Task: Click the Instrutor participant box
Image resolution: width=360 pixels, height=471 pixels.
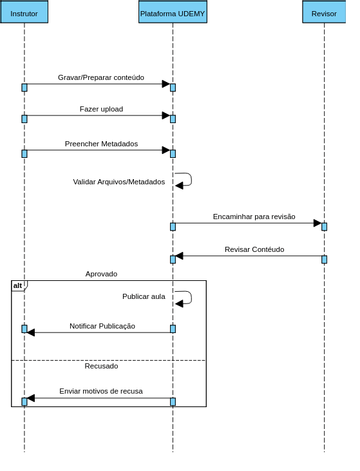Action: click(x=24, y=13)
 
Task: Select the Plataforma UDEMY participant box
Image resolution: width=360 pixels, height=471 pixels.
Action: click(x=179, y=13)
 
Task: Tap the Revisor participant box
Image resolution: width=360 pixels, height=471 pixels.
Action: click(x=336, y=13)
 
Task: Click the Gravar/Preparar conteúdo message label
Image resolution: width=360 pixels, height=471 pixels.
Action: click(x=104, y=80)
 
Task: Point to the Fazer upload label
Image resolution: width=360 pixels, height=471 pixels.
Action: click(x=105, y=113)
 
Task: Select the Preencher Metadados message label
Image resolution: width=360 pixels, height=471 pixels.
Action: click(x=105, y=149)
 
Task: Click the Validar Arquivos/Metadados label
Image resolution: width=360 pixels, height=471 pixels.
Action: click(x=123, y=189)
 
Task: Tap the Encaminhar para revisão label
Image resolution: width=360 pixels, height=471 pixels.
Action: click(x=263, y=224)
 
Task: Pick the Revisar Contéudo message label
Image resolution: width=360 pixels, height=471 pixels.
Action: click(x=264, y=259)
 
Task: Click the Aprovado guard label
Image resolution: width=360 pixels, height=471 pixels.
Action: click(x=105, y=284)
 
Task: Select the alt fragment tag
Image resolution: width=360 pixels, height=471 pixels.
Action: click(x=19, y=297)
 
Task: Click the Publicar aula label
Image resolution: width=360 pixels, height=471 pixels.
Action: click(x=149, y=308)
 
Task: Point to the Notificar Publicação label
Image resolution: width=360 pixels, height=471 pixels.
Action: click(x=106, y=339)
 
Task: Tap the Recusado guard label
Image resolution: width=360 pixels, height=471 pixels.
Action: click(x=105, y=380)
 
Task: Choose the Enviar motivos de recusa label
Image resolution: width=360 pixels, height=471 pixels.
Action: click(x=105, y=407)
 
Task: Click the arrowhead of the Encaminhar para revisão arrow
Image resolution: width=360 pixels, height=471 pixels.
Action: click(x=330, y=232)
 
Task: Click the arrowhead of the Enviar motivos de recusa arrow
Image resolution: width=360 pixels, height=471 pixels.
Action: click(x=32, y=414)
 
